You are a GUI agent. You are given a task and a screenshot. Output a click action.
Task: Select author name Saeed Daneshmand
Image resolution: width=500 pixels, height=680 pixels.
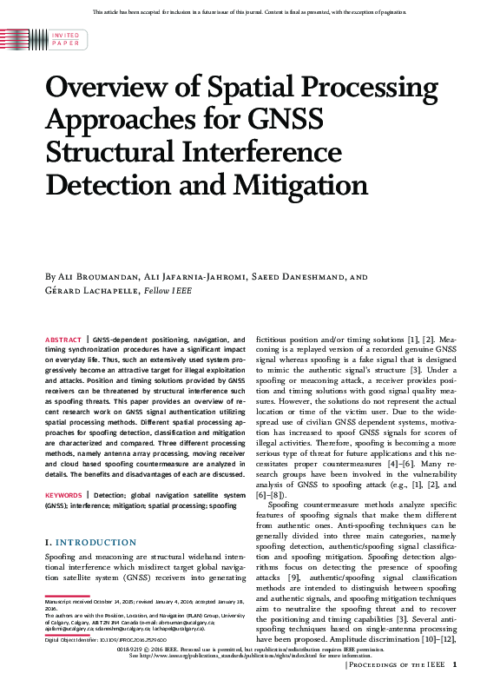(303, 277)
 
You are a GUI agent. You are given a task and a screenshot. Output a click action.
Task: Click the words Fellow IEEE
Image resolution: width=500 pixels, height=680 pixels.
(168, 291)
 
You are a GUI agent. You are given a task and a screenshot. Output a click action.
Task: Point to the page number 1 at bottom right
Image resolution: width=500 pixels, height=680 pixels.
(455, 665)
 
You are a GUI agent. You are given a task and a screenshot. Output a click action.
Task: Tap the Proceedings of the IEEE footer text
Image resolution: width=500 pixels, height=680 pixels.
(396, 665)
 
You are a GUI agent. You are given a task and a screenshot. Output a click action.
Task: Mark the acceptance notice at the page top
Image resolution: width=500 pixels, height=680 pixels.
(249, 11)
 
